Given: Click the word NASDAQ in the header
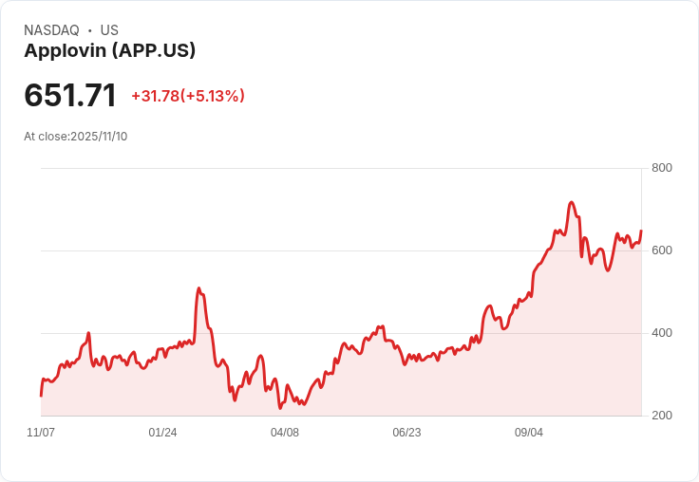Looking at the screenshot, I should coord(51,30).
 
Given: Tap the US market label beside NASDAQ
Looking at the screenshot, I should coord(109,30).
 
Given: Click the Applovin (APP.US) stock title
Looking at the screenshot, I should coord(109,51).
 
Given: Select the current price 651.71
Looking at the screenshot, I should coord(70,96).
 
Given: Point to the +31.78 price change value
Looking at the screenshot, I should coord(155,96).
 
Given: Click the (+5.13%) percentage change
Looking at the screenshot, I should coord(213,96).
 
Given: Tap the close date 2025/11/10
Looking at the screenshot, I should coord(99,137).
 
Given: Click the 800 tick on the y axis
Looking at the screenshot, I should coord(662,168).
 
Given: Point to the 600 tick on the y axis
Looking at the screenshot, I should coord(662,250).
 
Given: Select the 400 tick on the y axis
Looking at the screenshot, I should coord(662,333).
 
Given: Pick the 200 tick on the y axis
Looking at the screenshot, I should coord(662,416).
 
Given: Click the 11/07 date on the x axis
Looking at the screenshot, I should coord(41,433).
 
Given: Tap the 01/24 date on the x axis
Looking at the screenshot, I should coord(162,433).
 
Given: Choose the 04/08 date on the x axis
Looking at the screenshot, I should coord(285,433).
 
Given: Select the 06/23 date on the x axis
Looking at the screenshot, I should coord(406,433).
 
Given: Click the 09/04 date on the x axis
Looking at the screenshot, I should coord(529,433).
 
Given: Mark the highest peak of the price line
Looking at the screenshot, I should coord(571,202).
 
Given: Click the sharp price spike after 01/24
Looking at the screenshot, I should coord(198,288).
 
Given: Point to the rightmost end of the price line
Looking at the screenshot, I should coord(641,231).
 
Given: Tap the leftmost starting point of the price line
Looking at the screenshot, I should coord(41,395).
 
